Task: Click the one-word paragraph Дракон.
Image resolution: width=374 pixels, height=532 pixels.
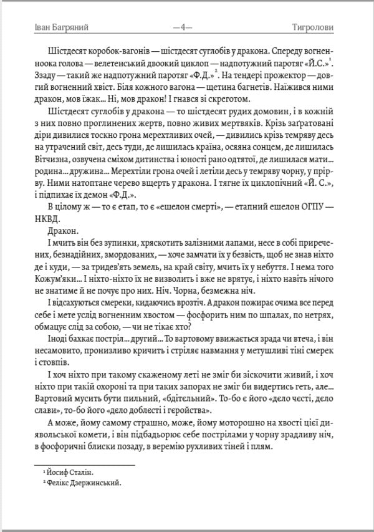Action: (60, 231)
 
